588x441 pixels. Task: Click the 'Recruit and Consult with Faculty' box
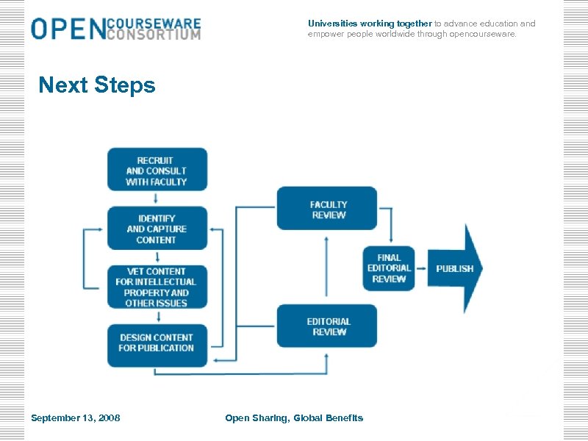point(157,170)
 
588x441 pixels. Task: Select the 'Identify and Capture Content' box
point(157,229)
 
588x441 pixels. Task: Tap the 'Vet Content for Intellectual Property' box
point(157,287)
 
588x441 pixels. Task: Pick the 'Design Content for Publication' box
point(157,343)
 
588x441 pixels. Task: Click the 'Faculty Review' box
point(327,209)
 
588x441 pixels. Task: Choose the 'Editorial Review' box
point(327,326)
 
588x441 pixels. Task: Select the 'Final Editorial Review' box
point(389,268)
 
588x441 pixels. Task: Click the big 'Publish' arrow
point(456,268)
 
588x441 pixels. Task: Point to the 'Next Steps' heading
point(97,85)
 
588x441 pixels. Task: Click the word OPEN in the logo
point(67,29)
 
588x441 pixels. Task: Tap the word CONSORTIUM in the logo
point(153,35)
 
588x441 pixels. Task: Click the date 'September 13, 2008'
point(76,418)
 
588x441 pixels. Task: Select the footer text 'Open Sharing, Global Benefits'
point(294,418)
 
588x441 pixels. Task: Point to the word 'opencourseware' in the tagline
point(483,34)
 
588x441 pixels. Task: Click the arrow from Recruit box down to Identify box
point(157,198)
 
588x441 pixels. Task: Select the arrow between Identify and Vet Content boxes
point(157,257)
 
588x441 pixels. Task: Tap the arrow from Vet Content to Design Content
point(157,316)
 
